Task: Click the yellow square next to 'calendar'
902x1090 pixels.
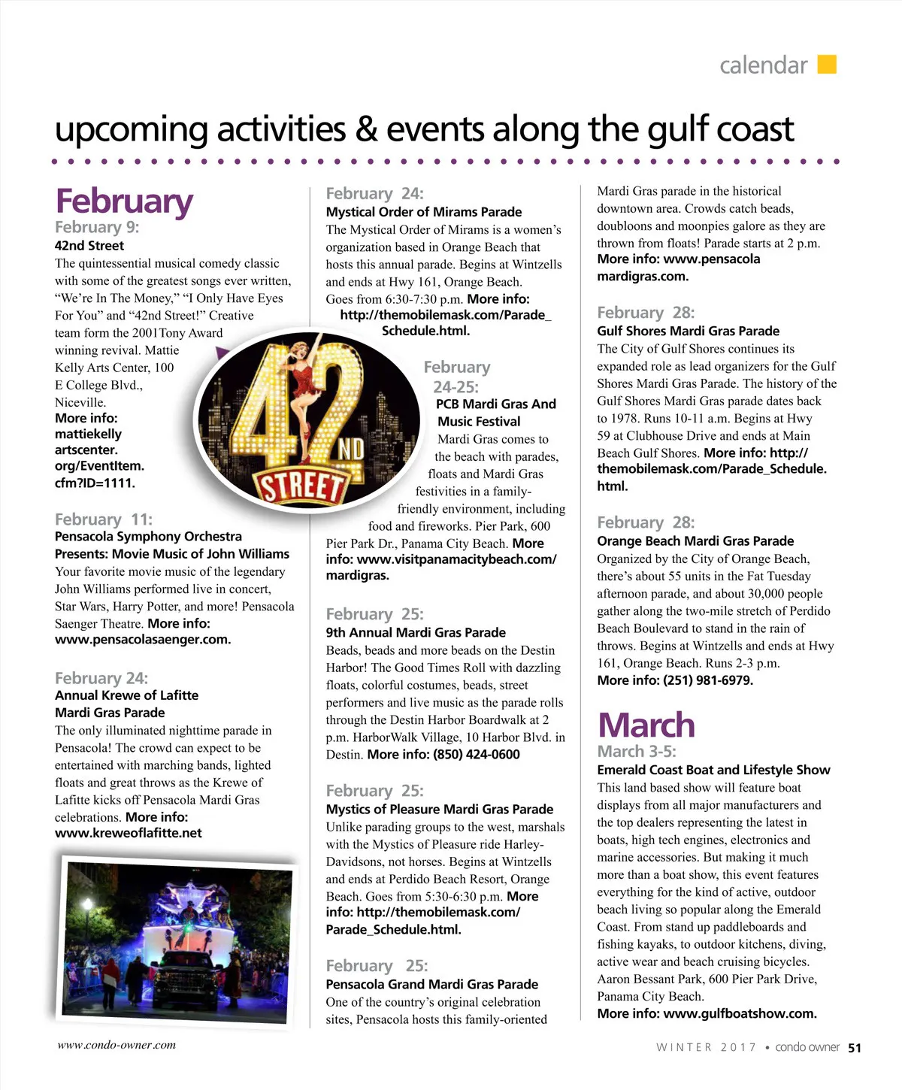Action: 826,65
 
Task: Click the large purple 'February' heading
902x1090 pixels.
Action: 124,201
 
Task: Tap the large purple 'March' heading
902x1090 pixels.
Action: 646,725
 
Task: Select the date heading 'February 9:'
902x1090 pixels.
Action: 97,227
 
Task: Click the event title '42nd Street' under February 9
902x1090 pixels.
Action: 89,246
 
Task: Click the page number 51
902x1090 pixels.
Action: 855,1048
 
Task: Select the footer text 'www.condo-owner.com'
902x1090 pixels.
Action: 117,1045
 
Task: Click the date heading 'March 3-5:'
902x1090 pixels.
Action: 637,752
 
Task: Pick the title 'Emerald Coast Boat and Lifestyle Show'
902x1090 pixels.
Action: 713,770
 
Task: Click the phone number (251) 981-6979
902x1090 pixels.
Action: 707,680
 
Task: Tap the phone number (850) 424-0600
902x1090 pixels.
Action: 476,755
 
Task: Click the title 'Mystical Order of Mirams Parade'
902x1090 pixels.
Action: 424,212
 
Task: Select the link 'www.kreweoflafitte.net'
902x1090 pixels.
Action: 129,833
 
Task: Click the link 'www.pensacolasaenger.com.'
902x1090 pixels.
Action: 143,640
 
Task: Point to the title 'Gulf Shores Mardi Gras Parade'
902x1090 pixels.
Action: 688,331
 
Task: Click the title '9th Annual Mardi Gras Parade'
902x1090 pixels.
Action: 416,633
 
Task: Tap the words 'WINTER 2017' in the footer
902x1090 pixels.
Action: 706,1048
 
